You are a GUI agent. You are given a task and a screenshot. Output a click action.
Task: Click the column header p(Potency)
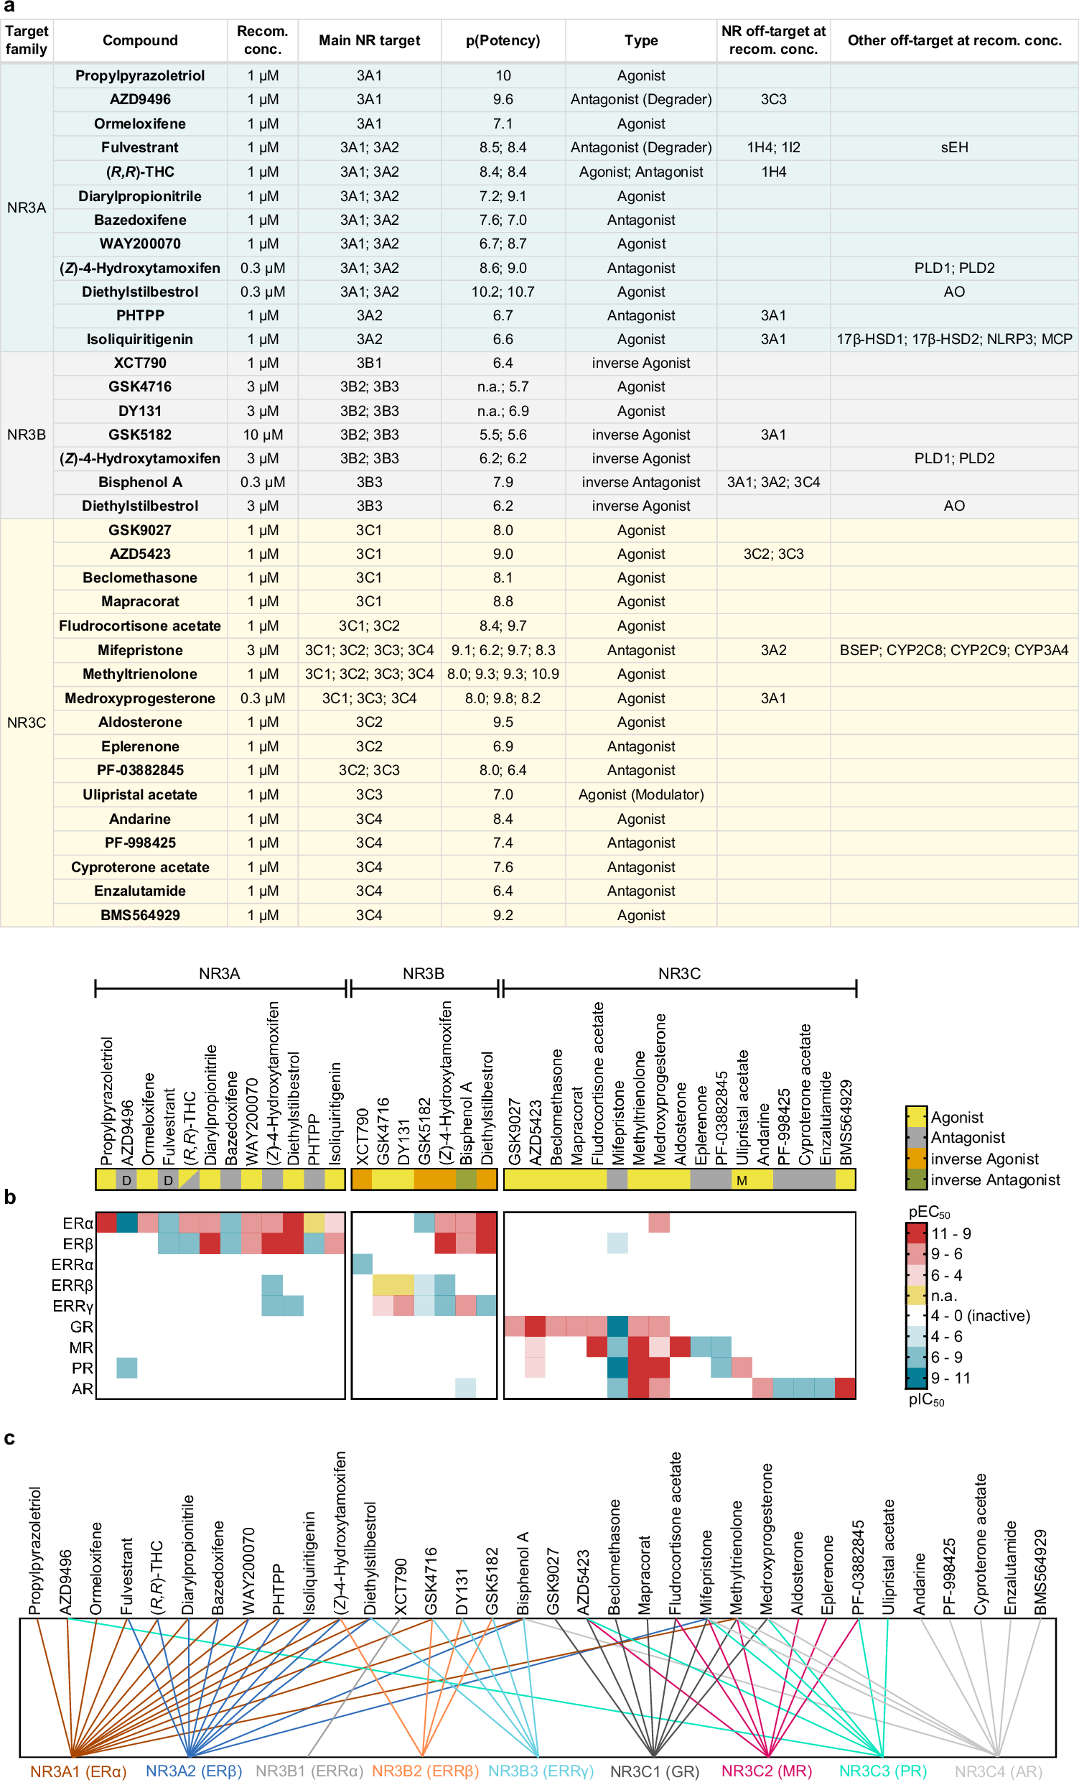point(503,40)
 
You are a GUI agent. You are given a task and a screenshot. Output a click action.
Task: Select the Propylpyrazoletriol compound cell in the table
point(140,75)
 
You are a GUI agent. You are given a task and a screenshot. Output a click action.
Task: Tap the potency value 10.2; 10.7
point(503,292)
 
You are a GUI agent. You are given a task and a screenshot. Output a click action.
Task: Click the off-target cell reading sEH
point(953,148)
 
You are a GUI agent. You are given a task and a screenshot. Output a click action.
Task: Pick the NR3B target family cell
point(26,435)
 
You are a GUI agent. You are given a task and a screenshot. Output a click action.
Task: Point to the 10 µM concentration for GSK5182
point(262,435)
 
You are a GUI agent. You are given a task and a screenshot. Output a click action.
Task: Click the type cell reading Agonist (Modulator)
point(641,794)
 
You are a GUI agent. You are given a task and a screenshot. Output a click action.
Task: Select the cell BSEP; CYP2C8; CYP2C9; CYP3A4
point(953,651)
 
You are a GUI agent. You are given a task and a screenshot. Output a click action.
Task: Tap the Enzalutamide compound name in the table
point(140,891)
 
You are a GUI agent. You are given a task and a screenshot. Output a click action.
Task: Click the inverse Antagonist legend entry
point(994,1179)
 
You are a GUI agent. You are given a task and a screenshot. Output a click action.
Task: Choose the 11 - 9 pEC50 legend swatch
point(917,1233)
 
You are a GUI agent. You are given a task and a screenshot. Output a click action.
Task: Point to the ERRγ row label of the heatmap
point(73,1306)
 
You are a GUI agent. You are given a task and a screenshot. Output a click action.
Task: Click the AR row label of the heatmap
point(82,1388)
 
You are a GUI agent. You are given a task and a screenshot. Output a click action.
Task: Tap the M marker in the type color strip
point(742,1181)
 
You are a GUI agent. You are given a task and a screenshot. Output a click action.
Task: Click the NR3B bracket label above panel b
point(424,973)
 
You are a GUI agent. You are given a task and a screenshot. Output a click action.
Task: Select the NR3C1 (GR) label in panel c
point(654,1771)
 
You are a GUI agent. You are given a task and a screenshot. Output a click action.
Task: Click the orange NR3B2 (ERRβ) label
point(425,1771)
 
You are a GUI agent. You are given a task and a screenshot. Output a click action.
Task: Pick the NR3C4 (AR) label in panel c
point(998,1771)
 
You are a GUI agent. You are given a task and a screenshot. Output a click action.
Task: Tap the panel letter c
point(9,1438)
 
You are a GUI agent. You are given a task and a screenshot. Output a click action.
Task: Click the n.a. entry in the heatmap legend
point(943,1295)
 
